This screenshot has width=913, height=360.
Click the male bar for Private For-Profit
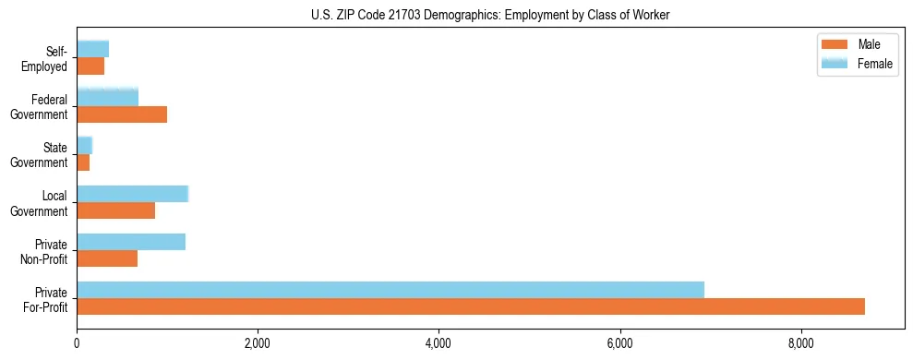pyautogui.click(x=471, y=306)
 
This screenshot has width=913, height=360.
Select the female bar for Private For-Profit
pyautogui.click(x=390, y=290)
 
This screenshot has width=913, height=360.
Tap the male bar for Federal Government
pyautogui.click(x=122, y=114)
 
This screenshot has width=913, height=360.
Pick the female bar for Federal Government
pyautogui.click(x=107, y=97)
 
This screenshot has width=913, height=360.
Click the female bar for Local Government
pyautogui.click(x=132, y=193)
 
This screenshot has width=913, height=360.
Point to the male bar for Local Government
pyautogui.click(x=115, y=210)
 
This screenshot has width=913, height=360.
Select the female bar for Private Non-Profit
pyautogui.click(x=131, y=242)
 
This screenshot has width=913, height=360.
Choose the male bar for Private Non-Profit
pyautogui.click(x=107, y=258)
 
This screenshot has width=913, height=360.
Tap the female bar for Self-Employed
pyautogui.click(x=92, y=49)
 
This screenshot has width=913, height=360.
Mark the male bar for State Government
pyautogui.click(x=83, y=162)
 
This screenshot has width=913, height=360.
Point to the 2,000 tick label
pyautogui.click(x=258, y=344)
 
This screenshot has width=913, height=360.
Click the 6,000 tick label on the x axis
pyautogui.click(x=619, y=344)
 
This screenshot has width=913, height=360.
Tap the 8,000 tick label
pyautogui.click(x=801, y=344)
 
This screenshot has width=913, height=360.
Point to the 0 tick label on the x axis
pyautogui.click(x=77, y=344)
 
